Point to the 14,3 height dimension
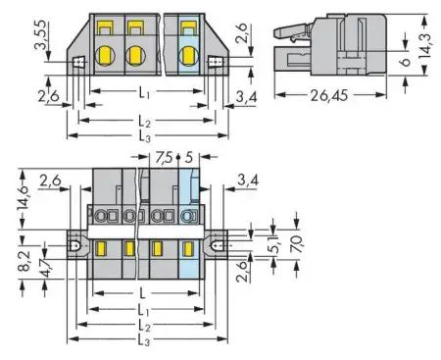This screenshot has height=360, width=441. (428, 44)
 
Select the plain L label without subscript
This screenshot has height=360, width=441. (143, 293)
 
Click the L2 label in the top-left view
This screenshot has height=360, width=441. (144, 120)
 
